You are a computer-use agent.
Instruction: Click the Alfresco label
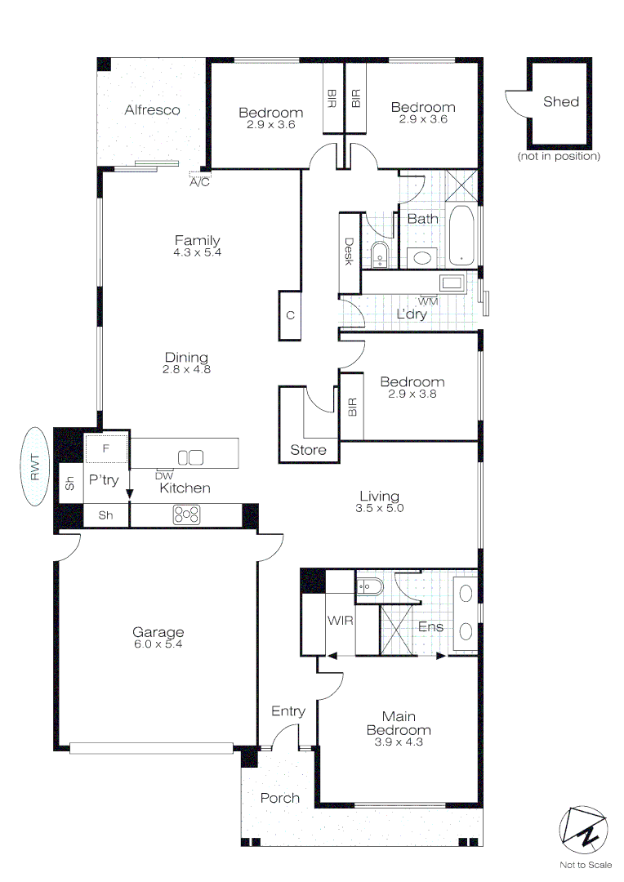click(x=152, y=109)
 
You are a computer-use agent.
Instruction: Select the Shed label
click(x=560, y=101)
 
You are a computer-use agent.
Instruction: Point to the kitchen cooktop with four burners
click(x=186, y=514)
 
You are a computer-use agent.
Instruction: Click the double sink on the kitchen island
click(x=190, y=457)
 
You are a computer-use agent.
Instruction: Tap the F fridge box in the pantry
click(x=106, y=449)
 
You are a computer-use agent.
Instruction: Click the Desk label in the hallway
click(x=349, y=252)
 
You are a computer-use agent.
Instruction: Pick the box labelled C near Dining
click(x=290, y=314)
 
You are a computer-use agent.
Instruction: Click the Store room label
click(x=309, y=450)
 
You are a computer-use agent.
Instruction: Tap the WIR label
click(x=341, y=621)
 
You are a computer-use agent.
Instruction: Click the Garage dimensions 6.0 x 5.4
click(x=158, y=644)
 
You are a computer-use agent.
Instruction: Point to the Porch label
click(x=279, y=798)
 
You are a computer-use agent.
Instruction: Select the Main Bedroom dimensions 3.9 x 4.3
click(x=399, y=742)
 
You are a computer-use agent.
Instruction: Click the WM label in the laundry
click(x=428, y=301)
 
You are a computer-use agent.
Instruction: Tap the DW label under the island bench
click(x=163, y=474)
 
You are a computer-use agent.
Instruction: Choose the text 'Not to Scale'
click(x=585, y=865)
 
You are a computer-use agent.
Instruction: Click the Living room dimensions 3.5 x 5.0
click(x=380, y=507)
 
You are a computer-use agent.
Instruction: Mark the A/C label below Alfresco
click(x=199, y=181)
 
